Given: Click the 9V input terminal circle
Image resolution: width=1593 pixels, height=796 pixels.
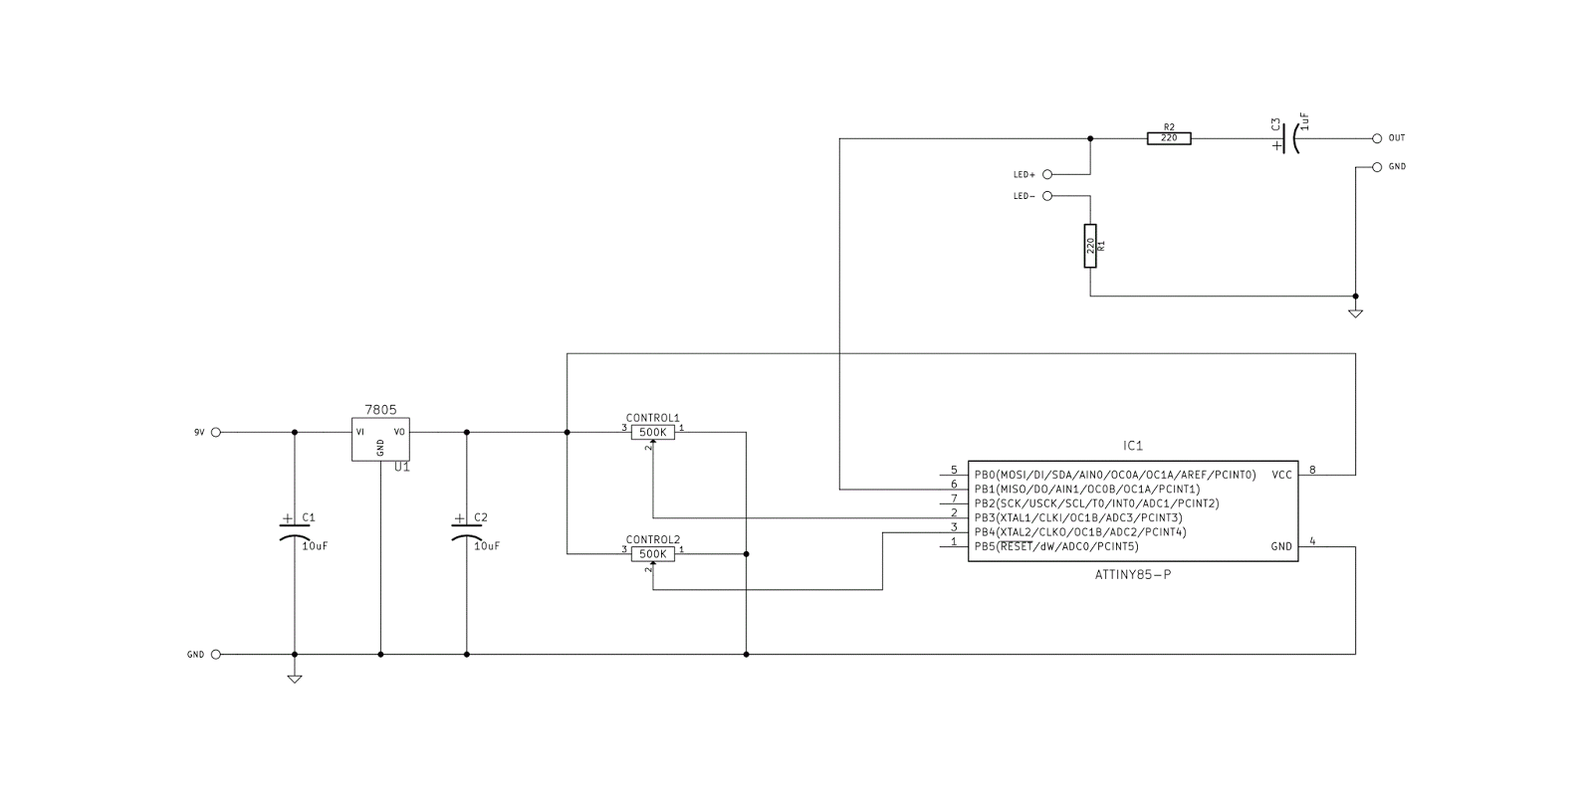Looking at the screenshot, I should click(216, 432).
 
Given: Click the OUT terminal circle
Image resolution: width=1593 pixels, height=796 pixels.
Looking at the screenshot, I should click(1377, 138).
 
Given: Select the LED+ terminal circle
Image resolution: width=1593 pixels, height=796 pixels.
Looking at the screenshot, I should click(1047, 173).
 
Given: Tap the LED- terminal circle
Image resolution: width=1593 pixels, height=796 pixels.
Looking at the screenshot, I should click(1047, 196).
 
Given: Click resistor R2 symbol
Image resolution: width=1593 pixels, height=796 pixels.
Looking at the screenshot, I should click(1169, 138).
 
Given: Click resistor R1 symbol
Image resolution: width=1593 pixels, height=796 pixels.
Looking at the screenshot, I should click(1090, 246).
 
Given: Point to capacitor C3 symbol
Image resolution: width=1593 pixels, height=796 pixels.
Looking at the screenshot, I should click(1289, 138).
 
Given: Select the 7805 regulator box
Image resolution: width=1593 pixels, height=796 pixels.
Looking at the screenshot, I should click(380, 439).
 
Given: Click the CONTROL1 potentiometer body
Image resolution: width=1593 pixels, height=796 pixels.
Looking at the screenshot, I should click(653, 432).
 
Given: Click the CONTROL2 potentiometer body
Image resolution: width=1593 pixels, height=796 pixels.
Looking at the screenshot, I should click(653, 554).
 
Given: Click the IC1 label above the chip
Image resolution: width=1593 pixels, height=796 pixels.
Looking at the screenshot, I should click(1133, 446).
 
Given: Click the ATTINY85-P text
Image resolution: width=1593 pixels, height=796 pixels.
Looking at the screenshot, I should click(1133, 575).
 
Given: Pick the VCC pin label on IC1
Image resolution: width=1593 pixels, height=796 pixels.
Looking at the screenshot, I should click(1281, 475).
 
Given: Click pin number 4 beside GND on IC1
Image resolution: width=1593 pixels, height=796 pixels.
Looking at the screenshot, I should click(1312, 541).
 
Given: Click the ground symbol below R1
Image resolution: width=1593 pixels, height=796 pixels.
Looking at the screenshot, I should click(1355, 313).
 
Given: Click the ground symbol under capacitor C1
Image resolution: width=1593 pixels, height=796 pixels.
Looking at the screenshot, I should click(294, 679).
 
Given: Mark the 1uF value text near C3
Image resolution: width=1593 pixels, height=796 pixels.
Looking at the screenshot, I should click(1305, 121).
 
